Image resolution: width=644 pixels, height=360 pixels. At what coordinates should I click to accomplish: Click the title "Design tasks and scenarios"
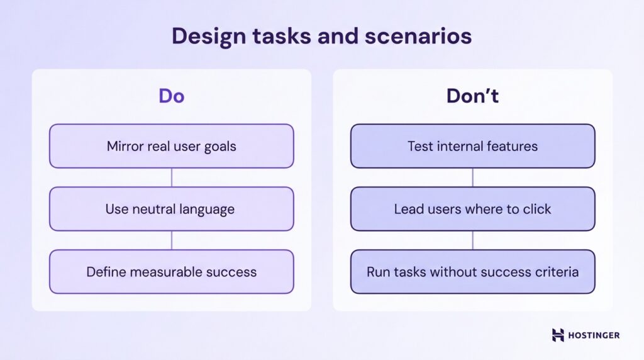pyautogui.click(x=321, y=37)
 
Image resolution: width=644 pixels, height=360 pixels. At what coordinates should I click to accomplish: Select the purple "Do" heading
pyautogui.click(x=171, y=96)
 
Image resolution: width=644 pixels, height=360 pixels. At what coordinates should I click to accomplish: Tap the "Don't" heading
pyautogui.click(x=472, y=96)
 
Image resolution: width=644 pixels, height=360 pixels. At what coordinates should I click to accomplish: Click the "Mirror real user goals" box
pyautogui.click(x=171, y=146)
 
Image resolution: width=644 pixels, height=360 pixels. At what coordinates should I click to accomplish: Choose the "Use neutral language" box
pyautogui.click(x=171, y=209)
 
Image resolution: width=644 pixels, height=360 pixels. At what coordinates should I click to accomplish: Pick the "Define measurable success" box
pyautogui.click(x=171, y=272)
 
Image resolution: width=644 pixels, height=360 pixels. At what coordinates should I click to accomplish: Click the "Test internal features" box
pyautogui.click(x=472, y=146)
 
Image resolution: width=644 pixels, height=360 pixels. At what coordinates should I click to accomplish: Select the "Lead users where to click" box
pyautogui.click(x=472, y=209)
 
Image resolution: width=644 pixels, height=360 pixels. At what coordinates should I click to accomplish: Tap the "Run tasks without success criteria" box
pyautogui.click(x=472, y=272)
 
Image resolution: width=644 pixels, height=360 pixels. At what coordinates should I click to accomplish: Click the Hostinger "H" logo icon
pyautogui.click(x=558, y=335)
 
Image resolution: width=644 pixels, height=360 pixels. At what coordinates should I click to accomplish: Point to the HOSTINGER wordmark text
pyautogui.click(x=594, y=335)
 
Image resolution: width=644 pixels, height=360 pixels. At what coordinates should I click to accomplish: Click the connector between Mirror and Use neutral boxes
pyautogui.click(x=171, y=177)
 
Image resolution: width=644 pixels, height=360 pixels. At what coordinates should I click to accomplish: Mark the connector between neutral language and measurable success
pyautogui.click(x=171, y=240)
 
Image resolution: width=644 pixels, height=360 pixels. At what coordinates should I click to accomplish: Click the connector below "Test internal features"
pyautogui.click(x=472, y=177)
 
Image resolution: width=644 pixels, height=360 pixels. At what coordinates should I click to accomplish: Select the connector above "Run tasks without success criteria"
pyautogui.click(x=472, y=240)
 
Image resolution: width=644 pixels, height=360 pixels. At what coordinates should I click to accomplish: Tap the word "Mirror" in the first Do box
pyautogui.click(x=125, y=147)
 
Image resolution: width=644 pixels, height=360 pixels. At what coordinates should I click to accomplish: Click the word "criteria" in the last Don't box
pyautogui.click(x=556, y=273)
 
